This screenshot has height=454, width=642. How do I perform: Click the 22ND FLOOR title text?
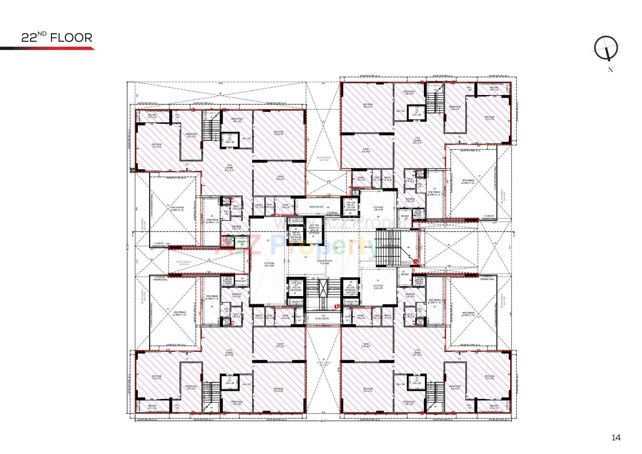57,37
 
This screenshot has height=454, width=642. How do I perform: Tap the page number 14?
616,437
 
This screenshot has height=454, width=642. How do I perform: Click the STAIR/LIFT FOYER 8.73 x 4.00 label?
324,262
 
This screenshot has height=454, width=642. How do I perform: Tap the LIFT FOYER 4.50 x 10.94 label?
269,265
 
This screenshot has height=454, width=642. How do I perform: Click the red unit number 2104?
229,165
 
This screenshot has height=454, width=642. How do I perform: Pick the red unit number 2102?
417,350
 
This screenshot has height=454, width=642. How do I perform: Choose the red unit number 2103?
229,350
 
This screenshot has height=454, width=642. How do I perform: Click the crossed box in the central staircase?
323,288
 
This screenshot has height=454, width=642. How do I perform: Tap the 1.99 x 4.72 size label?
367,247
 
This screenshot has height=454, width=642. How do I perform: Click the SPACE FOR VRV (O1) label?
323,317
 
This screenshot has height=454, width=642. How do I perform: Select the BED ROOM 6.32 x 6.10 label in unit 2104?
279,133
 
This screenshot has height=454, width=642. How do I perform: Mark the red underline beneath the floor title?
47,49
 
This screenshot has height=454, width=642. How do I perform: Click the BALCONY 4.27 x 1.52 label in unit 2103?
152,407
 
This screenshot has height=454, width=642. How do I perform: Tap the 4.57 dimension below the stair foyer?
305,274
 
